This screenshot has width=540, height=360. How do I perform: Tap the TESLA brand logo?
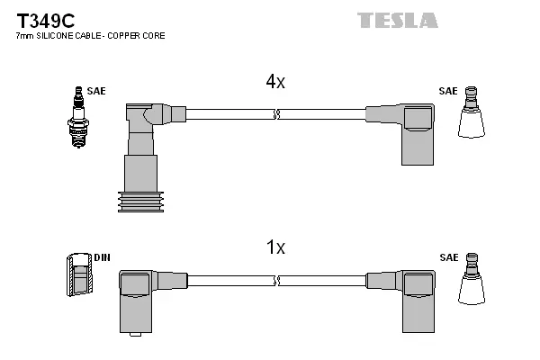pos(397,19)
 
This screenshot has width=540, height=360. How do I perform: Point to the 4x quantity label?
pos(274,82)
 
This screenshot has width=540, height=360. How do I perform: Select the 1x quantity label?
pos(274,247)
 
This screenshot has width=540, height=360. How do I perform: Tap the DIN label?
pos(102,257)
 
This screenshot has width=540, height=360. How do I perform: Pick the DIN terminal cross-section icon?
pos(79,274)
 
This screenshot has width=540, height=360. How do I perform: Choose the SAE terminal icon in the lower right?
pos(472,279)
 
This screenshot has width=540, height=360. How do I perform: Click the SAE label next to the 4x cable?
pos(447,91)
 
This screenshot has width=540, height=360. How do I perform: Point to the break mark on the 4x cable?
pos(277,114)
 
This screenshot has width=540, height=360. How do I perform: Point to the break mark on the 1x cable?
pos(277,279)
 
